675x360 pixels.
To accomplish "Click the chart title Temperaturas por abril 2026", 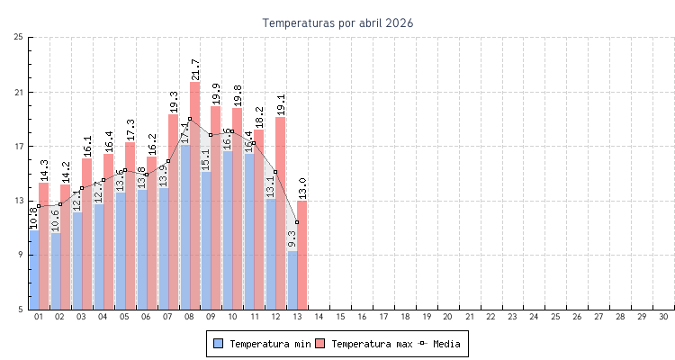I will [337, 22].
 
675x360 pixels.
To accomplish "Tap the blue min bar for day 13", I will [292, 280].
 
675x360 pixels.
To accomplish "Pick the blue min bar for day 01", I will [34, 269].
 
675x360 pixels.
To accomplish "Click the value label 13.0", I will [302, 188].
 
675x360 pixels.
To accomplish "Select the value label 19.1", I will [281, 104].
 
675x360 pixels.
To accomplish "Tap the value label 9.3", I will [292, 238].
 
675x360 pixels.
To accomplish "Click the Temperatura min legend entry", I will [261, 344].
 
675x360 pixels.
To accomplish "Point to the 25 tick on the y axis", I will [19, 37].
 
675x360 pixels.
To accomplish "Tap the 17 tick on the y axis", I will [19, 147].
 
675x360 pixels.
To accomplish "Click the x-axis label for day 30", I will [663, 317].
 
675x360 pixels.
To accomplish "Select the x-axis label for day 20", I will [447, 317].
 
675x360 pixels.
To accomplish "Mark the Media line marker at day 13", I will [297, 222].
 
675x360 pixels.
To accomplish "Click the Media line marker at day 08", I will [189, 119].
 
